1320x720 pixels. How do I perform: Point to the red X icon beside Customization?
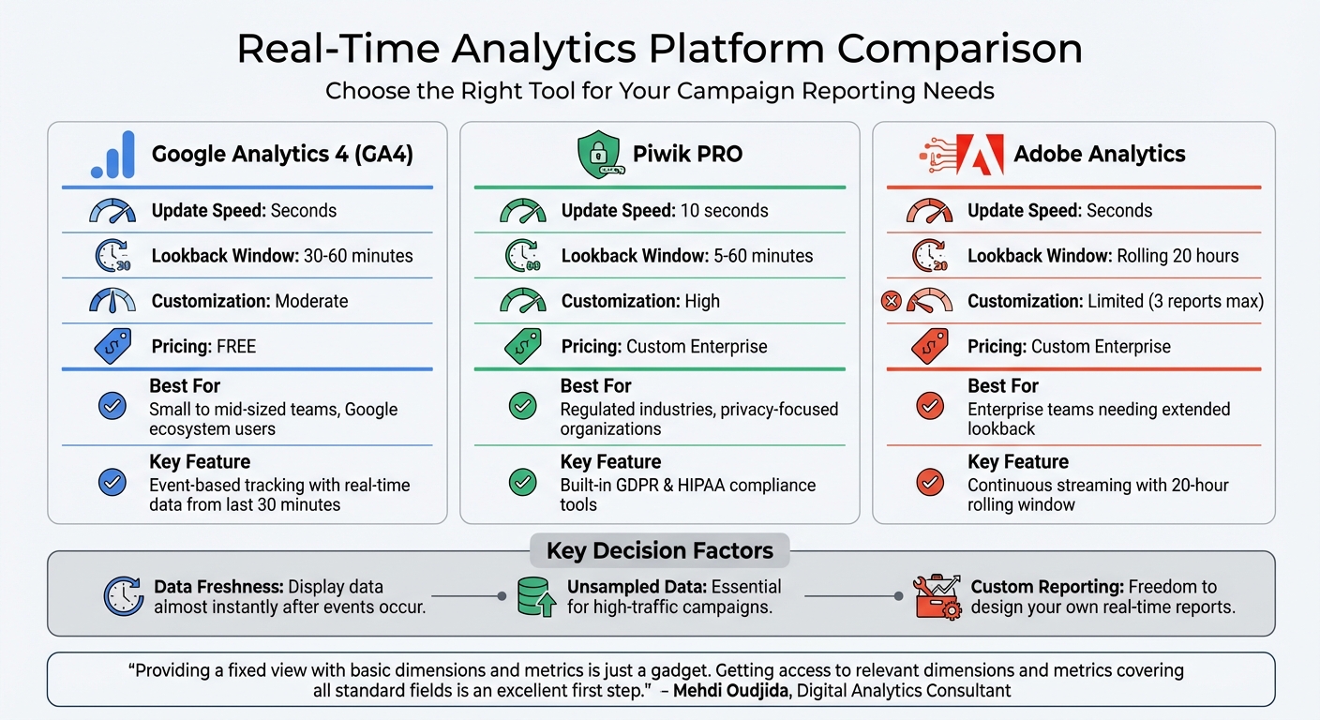[x=892, y=301]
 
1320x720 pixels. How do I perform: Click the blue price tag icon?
[x=112, y=347]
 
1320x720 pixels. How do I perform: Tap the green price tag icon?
[x=522, y=347]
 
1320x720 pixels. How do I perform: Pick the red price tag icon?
[x=929, y=347]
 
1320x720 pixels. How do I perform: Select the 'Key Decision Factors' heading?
[x=660, y=550]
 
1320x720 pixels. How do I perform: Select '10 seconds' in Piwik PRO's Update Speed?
[x=724, y=211]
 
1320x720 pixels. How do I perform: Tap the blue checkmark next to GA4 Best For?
[x=112, y=406]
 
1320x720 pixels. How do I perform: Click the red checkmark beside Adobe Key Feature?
[x=929, y=482]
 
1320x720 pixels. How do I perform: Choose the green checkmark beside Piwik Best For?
[x=522, y=406]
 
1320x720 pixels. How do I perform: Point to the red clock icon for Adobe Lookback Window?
[x=929, y=256]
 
